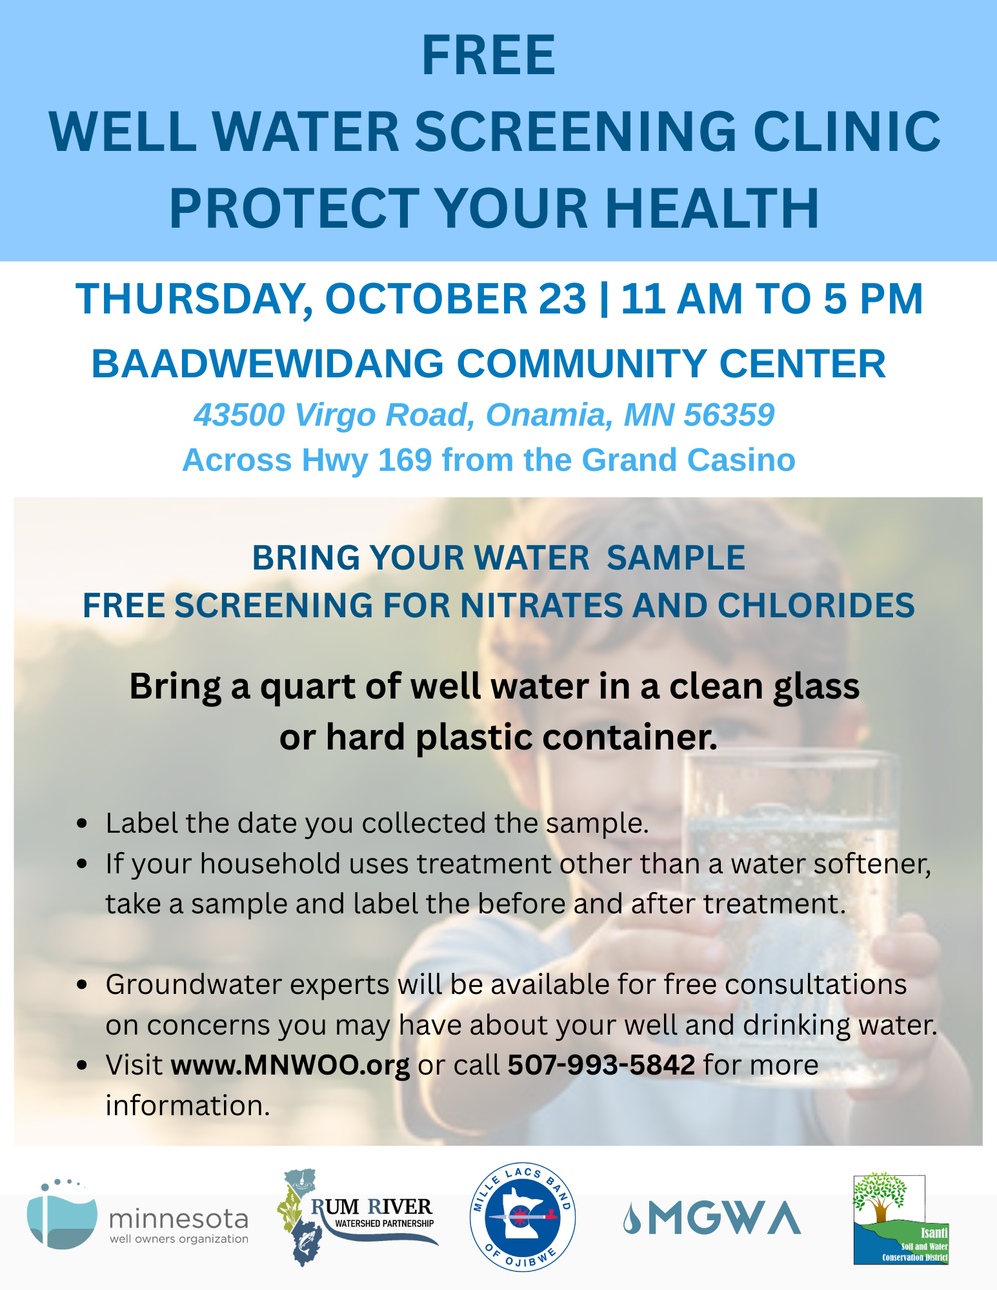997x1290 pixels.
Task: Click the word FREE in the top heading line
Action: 488,55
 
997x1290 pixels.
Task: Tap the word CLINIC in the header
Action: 847,132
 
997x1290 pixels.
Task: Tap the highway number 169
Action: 405,460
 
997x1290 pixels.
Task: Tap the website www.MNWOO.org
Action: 290,1065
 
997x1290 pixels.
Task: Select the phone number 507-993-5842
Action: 601,1065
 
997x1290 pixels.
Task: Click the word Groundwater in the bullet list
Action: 247,985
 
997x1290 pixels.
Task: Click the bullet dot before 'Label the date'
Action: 81,824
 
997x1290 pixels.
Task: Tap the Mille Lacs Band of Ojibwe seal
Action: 523,1217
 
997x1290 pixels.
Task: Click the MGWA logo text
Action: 712,1218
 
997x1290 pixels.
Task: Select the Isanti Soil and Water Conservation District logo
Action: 901,1218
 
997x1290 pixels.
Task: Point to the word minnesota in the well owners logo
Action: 179,1219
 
